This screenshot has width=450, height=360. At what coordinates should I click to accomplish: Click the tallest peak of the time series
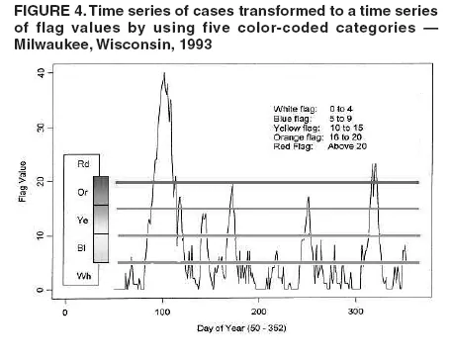[162, 74]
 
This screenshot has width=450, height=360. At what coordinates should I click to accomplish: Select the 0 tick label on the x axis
[64, 312]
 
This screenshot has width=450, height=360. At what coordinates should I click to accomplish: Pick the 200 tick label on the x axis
[258, 312]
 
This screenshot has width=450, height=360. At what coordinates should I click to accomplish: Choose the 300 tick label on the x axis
[355, 312]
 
